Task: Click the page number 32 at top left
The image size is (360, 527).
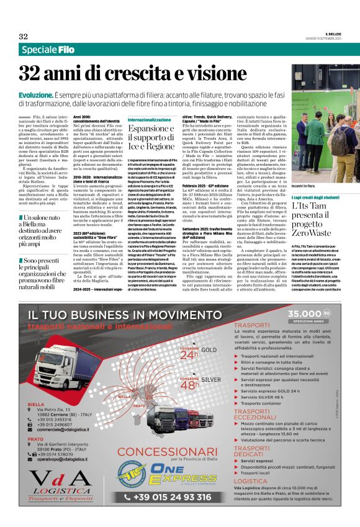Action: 24,36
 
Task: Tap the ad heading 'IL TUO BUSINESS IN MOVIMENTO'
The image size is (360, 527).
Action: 111,314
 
